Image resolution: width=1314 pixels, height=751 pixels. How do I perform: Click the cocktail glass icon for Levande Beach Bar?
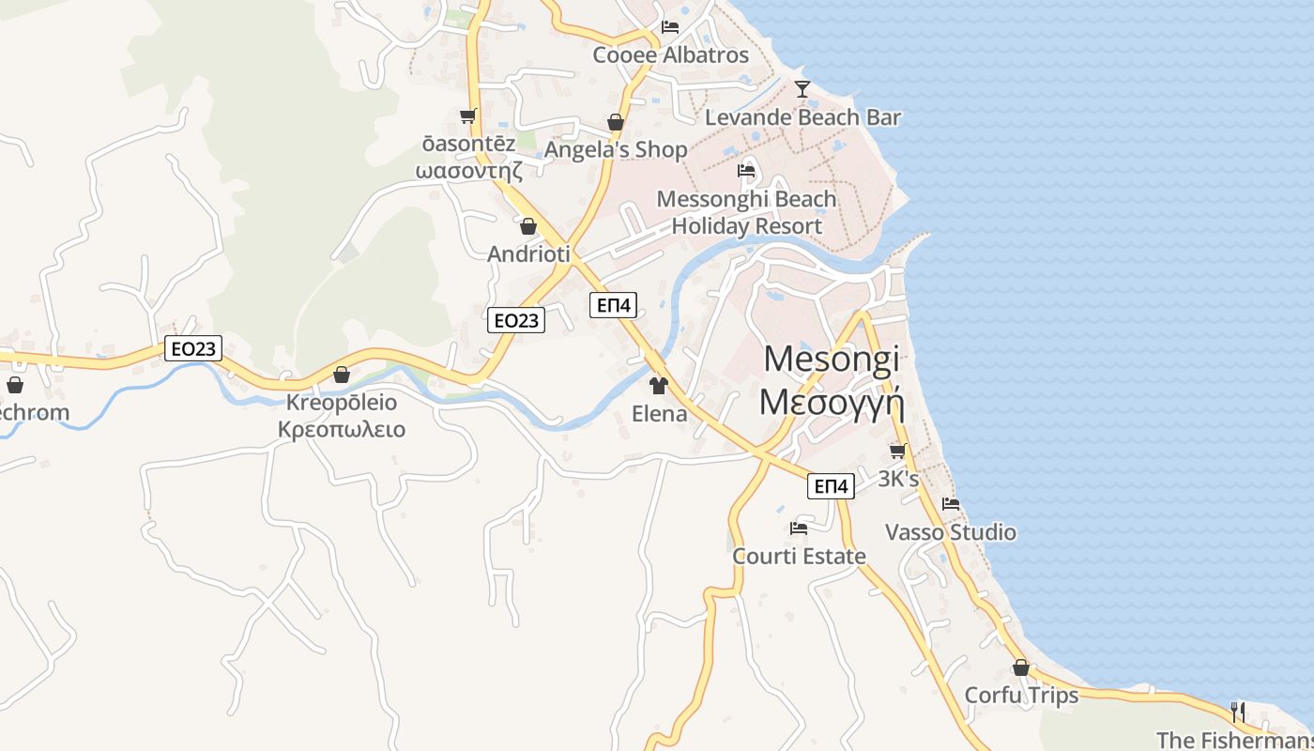click(802, 89)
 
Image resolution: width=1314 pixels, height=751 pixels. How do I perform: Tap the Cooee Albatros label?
click(670, 54)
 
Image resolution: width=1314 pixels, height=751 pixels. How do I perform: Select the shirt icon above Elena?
click(658, 386)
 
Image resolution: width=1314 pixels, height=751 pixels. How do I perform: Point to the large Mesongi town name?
click(831, 358)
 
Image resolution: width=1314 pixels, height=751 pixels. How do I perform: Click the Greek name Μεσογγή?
click(831, 401)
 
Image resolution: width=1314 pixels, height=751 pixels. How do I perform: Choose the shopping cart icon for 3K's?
click(898, 452)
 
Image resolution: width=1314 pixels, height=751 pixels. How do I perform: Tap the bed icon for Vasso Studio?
click(951, 504)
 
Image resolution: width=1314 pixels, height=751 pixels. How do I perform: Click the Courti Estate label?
click(799, 557)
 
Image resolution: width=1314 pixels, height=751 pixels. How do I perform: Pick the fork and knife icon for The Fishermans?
click(1238, 711)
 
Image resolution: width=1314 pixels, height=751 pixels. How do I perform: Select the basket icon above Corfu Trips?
click(1021, 668)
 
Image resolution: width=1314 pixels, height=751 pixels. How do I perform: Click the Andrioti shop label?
click(528, 254)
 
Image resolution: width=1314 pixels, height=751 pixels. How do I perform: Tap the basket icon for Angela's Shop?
click(616, 123)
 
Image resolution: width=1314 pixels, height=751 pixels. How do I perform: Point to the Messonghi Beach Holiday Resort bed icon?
click(746, 171)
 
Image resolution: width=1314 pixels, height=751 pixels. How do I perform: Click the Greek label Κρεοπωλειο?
click(342, 430)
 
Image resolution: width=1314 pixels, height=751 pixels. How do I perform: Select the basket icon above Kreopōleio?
click(342, 375)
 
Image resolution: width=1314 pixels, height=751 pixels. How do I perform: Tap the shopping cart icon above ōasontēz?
click(467, 116)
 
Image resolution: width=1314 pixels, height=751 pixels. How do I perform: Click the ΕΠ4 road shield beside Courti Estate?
click(831, 486)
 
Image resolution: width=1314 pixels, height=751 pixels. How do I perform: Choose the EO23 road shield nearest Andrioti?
click(516, 320)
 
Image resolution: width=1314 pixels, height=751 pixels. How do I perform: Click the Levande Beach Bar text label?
click(802, 117)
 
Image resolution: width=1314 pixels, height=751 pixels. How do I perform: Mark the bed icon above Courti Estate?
click(799, 529)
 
